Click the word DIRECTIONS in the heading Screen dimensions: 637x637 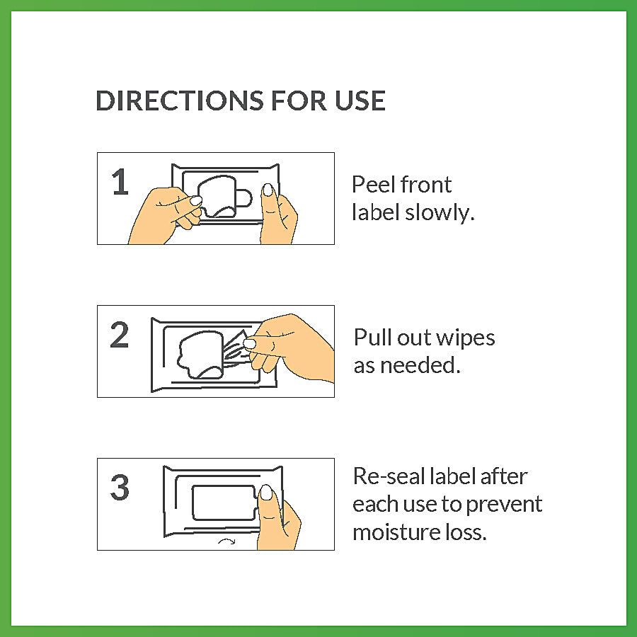tap(179, 101)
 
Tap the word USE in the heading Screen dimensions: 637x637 tap(360, 101)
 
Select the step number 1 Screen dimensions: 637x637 tap(120, 182)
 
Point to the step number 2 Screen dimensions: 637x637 tap(120, 335)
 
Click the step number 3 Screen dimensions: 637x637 tap(120, 487)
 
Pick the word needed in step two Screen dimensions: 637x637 tap(420, 365)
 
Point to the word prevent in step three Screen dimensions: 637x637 tap(504, 505)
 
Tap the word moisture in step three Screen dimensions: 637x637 tap(396, 532)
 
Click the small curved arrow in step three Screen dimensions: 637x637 tap(226, 541)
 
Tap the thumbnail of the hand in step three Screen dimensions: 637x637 tap(267, 493)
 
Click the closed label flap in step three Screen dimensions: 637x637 tap(224, 503)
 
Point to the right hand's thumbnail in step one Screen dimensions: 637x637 tap(268, 190)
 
